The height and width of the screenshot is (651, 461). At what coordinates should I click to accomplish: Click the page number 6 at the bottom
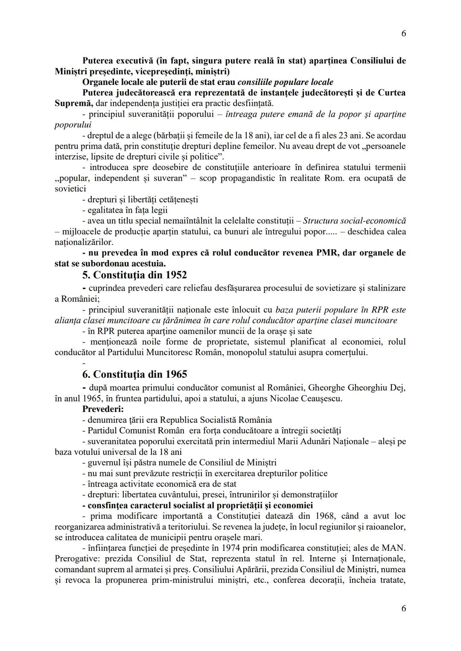[403, 609]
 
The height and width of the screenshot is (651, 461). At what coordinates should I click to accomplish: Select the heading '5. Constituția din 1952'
[134, 275]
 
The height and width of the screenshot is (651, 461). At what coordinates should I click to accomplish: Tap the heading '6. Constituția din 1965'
[134, 374]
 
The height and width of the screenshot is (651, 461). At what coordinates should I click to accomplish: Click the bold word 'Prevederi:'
[103, 409]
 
